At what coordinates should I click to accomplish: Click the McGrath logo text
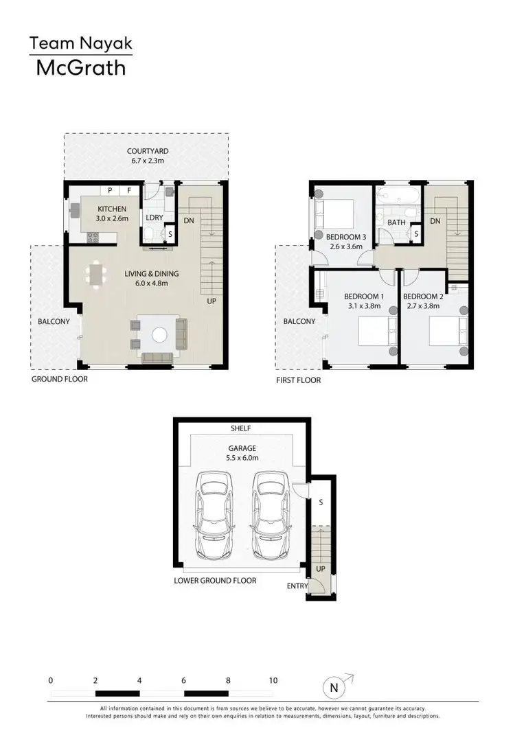tap(80, 68)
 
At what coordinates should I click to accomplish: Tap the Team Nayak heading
tap(80, 44)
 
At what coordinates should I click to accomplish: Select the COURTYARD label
tap(148, 151)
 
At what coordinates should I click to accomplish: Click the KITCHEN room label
tap(112, 209)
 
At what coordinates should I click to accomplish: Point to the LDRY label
tap(154, 218)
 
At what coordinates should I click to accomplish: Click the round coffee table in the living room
tap(159, 335)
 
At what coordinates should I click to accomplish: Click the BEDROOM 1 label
tap(363, 297)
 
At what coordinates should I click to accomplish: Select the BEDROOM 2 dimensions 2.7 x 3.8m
tap(422, 306)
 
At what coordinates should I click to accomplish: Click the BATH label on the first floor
tap(396, 222)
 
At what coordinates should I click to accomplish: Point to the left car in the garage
tap(213, 507)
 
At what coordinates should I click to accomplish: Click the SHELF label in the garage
tap(241, 428)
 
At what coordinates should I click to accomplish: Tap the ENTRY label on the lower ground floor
tap(297, 586)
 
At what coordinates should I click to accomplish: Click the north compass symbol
tap(334, 686)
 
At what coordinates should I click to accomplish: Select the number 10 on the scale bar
tap(273, 680)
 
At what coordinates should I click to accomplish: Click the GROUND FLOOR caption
tap(60, 378)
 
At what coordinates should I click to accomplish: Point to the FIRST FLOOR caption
tap(298, 380)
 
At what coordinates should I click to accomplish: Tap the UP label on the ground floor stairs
tap(212, 300)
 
